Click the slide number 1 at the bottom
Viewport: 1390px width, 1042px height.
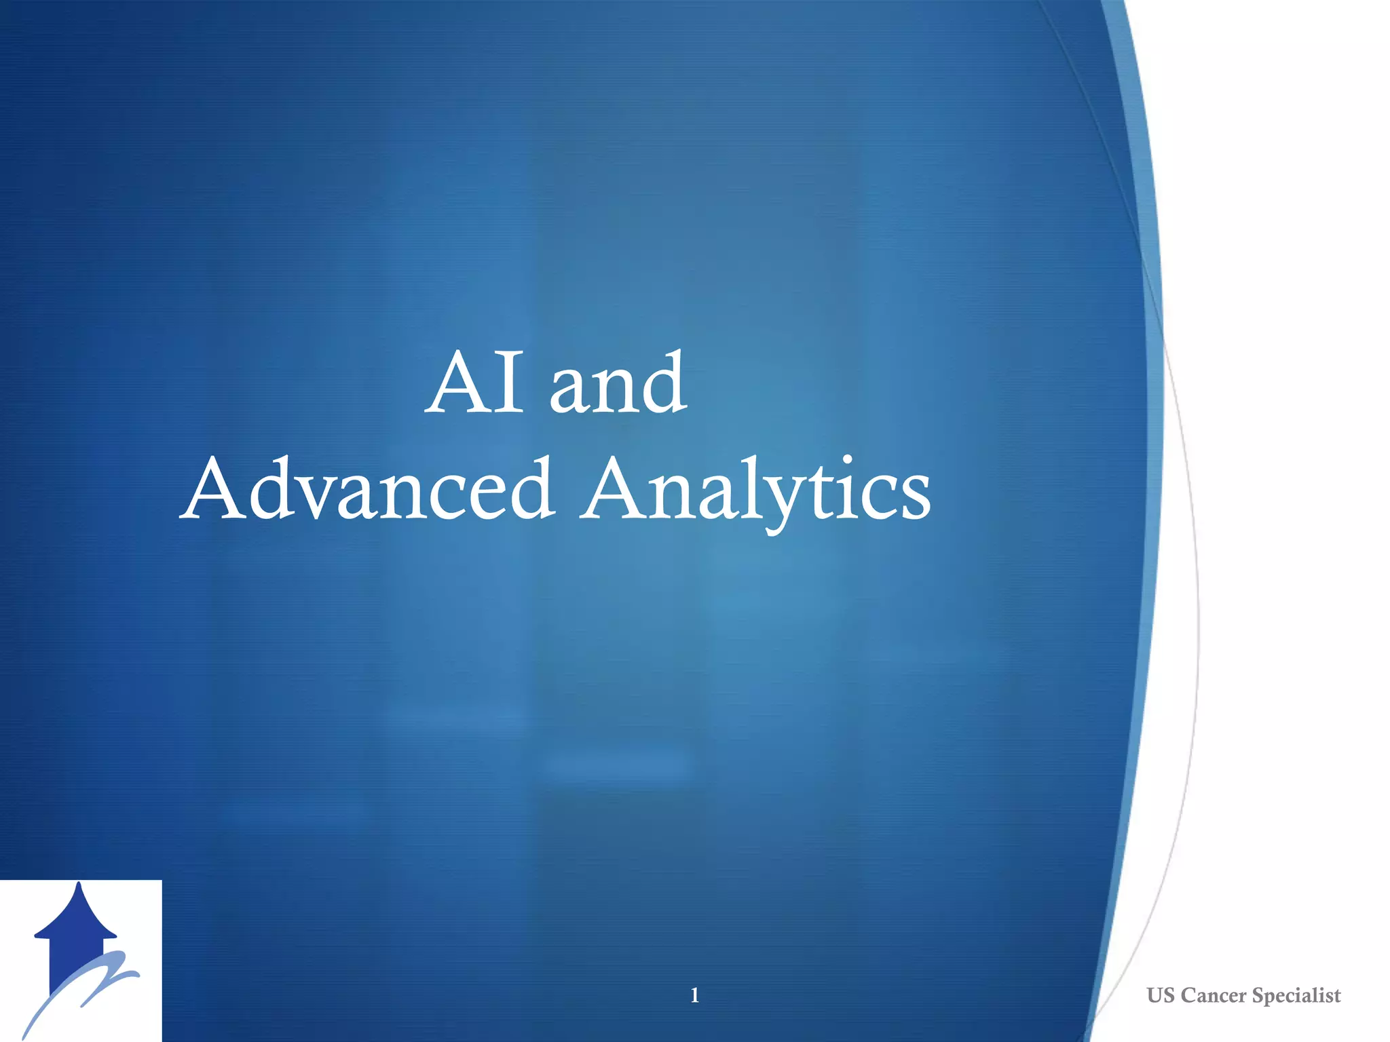694,995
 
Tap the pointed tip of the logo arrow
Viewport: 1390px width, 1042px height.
79,885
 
